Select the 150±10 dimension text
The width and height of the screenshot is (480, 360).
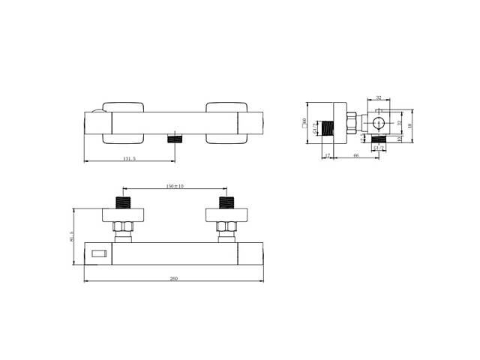[x=175, y=186]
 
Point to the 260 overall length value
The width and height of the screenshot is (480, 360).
[x=175, y=279]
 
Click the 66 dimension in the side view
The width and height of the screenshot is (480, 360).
[x=355, y=155]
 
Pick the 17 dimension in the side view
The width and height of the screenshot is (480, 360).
[x=328, y=155]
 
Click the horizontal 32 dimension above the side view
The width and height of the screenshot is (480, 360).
[x=378, y=97]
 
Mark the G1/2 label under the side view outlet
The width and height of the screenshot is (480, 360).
[x=379, y=148]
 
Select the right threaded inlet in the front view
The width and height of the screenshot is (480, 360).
[x=223, y=202]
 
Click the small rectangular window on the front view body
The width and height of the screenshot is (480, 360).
[x=98, y=255]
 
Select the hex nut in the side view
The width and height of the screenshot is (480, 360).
[x=350, y=123]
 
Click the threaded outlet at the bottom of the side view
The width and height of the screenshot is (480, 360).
[x=379, y=138]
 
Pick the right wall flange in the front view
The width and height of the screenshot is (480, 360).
[x=223, y=215]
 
